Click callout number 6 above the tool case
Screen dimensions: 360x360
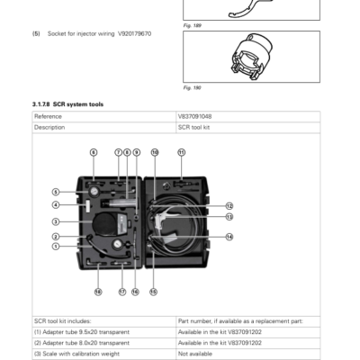click(93, 152)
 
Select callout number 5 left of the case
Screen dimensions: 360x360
click(56, 192)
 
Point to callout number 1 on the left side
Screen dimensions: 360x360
click(56, 245)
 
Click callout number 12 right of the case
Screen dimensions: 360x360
click(229, 206)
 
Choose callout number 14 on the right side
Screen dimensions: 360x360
click(229, 237)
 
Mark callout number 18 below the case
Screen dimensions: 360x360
click(98, 292)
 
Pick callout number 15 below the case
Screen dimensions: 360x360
click(153, 292)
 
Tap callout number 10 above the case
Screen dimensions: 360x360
click(154, 152)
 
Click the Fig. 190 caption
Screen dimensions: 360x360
click(192, 88)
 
